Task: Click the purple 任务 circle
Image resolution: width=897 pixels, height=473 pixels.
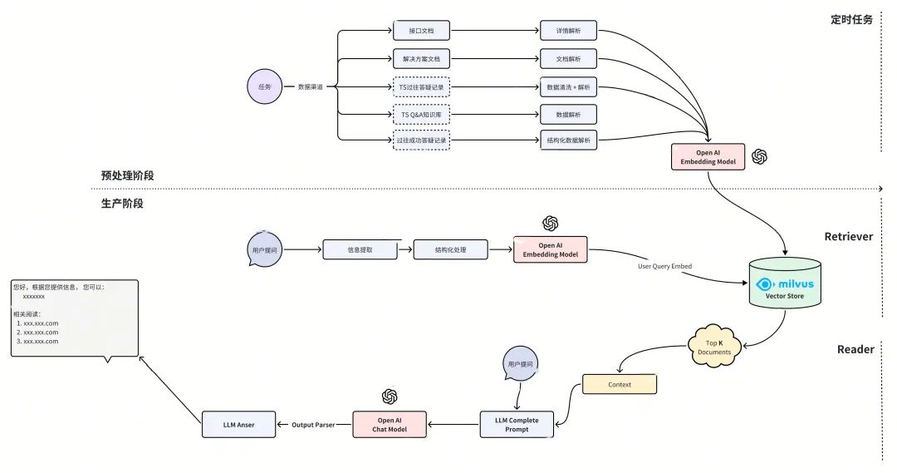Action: (x=265, y=86)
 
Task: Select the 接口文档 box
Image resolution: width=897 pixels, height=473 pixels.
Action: (x=421, y=32)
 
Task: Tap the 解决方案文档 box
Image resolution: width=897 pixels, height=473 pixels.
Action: (x=421, y=59)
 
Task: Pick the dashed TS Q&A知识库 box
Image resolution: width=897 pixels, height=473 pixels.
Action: (x=421, y=113)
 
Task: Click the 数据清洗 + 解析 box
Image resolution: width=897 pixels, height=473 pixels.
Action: (x=568, y=86)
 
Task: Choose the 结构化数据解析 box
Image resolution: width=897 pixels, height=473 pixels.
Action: (x=568, y=140)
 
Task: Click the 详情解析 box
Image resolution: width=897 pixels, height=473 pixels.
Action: (x=568, y=32)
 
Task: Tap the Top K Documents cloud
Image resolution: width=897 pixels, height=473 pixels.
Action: (x=713, y=347)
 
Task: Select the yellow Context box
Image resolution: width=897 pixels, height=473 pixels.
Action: (x=620, y=384)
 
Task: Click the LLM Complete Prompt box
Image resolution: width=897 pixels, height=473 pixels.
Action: (x=516, y=425)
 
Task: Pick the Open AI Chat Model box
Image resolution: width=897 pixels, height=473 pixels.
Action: (x=390, y=425)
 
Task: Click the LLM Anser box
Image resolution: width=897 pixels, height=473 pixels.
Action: (x=238, y=425)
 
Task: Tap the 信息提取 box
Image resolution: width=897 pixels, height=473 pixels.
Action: (x=358, y=249)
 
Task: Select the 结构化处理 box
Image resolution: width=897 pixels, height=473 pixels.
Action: (x=449, y=249)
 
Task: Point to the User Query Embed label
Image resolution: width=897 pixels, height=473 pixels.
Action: (x=665, y=266)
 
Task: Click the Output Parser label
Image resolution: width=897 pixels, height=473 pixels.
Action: (x=313, y=425)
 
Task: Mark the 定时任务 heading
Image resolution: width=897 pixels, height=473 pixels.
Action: (x=850, y=19)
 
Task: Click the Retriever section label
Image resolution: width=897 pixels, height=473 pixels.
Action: (x=848, y=236)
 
